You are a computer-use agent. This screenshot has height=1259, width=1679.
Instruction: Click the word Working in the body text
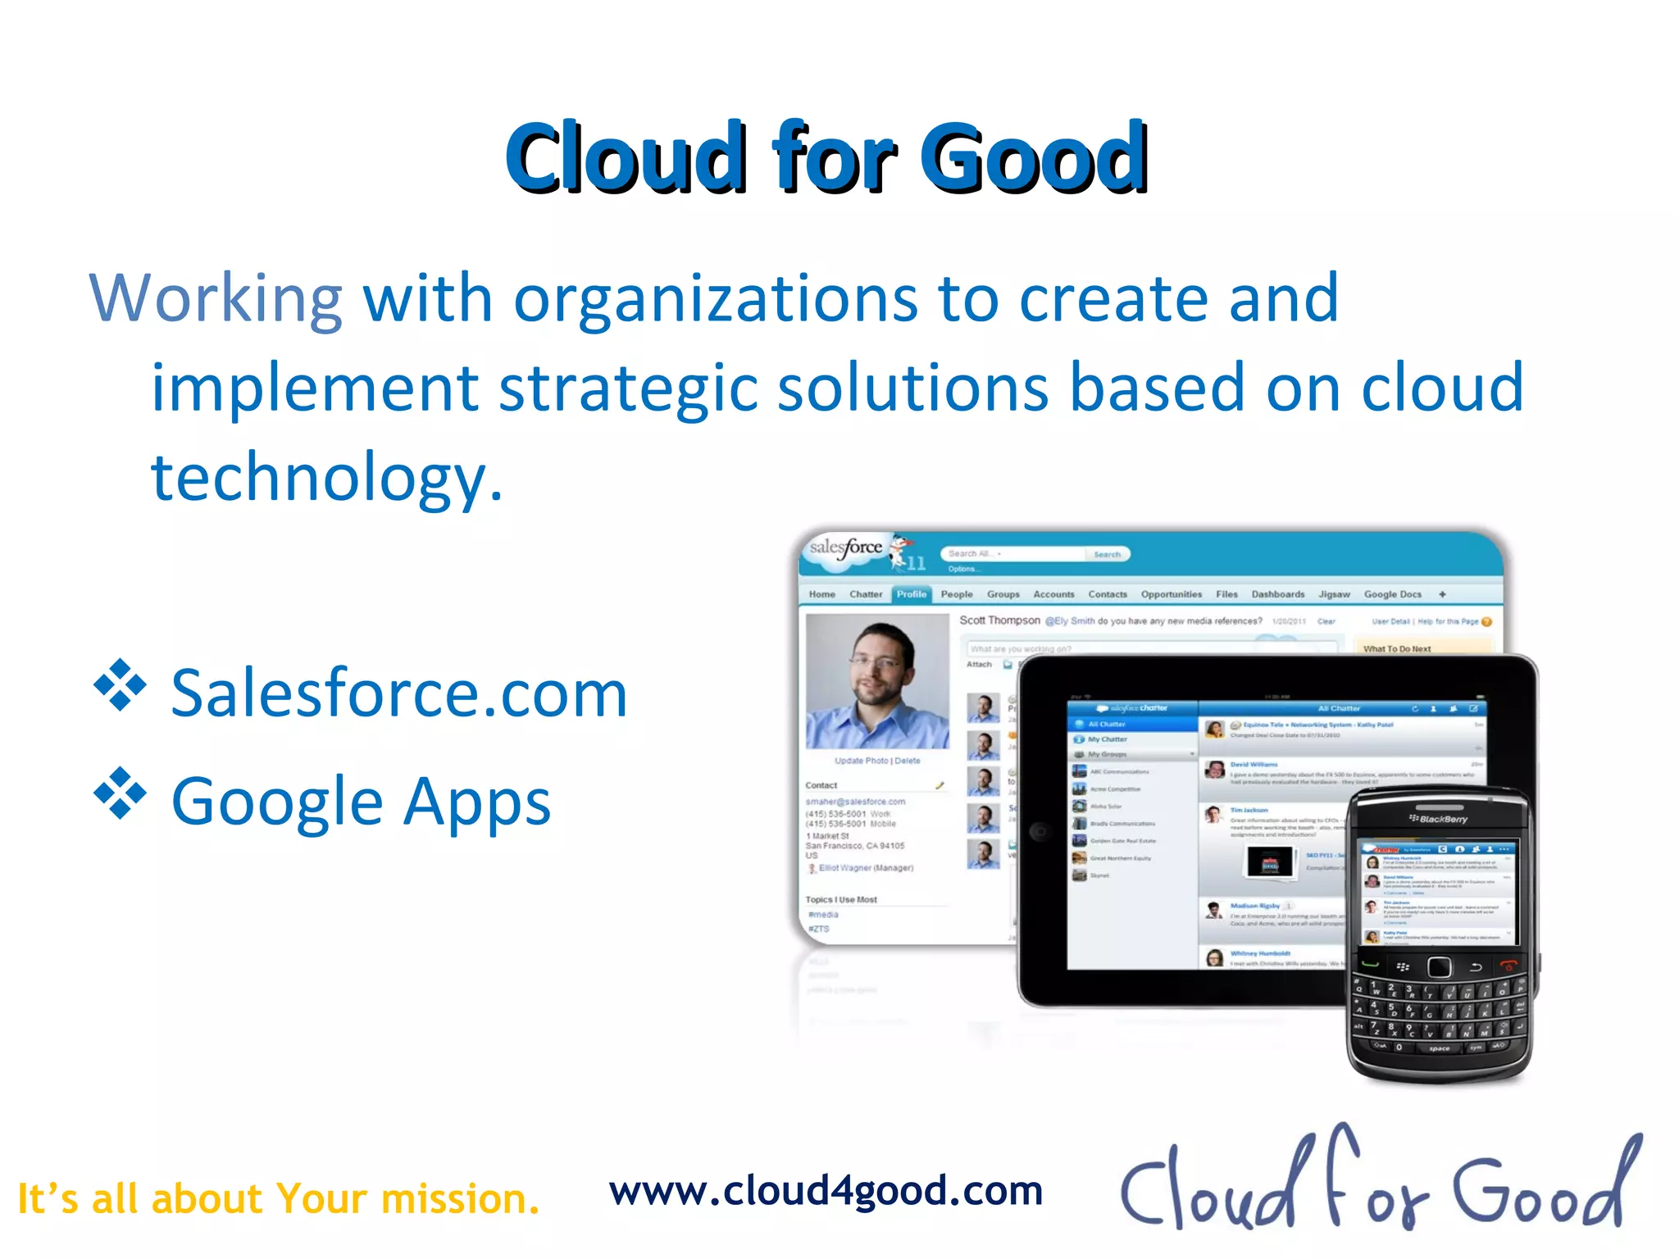215,299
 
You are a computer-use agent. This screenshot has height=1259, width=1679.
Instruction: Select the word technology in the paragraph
325,477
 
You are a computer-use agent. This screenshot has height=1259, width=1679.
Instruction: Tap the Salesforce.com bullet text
398,693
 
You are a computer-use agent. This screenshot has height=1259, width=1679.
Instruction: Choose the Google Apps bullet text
361,801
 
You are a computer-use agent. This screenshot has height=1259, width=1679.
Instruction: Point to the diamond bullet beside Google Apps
120,793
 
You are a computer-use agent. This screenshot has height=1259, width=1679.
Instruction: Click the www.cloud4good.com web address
826,1191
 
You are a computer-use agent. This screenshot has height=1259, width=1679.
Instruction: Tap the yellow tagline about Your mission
279,1198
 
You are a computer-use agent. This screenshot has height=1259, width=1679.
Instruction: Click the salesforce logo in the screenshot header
845,548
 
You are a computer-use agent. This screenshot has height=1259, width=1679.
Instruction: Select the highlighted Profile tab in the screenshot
911,594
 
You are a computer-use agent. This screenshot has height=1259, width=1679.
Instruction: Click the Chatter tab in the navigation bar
866,594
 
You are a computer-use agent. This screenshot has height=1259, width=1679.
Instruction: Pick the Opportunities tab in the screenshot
1171,594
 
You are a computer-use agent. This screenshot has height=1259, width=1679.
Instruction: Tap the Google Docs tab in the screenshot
1392,594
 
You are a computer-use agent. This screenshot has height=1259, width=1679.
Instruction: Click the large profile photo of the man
876,681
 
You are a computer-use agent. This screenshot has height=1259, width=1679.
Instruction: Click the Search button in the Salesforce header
1107,555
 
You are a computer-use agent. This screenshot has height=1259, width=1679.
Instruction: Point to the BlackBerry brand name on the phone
1439,819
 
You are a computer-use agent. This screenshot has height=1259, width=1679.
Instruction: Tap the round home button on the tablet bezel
1040,831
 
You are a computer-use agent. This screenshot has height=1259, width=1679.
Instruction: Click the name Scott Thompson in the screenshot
999,620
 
